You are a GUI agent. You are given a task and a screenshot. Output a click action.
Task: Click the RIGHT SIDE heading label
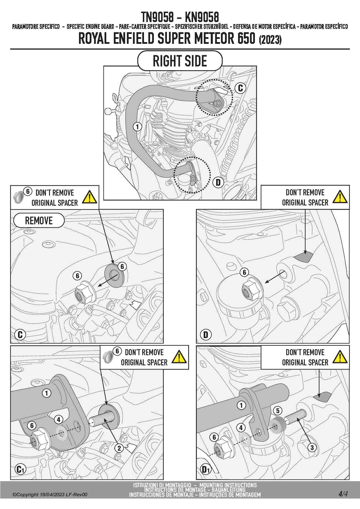tap(180, 61)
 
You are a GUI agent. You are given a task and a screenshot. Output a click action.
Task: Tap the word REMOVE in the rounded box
tap(39, 221)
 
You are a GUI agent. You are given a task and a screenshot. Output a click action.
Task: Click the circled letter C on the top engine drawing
tap(240, 88)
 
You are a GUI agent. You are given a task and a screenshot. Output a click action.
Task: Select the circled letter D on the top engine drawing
tap(218, 182)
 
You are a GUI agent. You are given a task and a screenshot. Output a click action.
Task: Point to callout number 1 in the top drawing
tap(137, 127)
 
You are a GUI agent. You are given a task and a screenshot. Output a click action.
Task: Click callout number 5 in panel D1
tap(278, 411)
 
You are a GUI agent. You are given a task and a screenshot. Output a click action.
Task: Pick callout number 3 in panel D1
tap(312, 447)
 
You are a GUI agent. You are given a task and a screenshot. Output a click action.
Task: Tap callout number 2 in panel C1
tap(119, 448)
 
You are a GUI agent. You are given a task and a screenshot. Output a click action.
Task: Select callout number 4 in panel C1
tap(58, 420)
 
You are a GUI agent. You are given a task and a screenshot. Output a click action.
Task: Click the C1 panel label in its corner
tap(20, 469)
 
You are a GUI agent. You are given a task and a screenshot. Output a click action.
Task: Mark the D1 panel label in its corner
tap(206, 469)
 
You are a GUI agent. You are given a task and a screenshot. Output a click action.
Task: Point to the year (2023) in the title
tap(270, 39)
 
